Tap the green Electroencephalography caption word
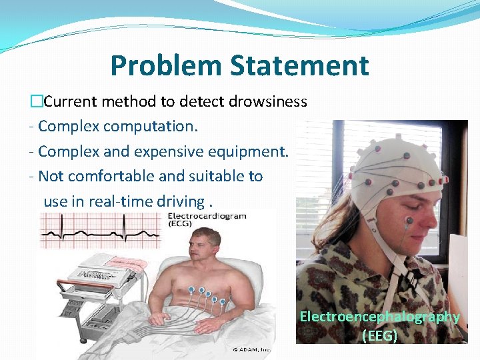point(379,317)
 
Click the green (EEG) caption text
point(379,335)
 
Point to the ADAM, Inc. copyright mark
point(253,349)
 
